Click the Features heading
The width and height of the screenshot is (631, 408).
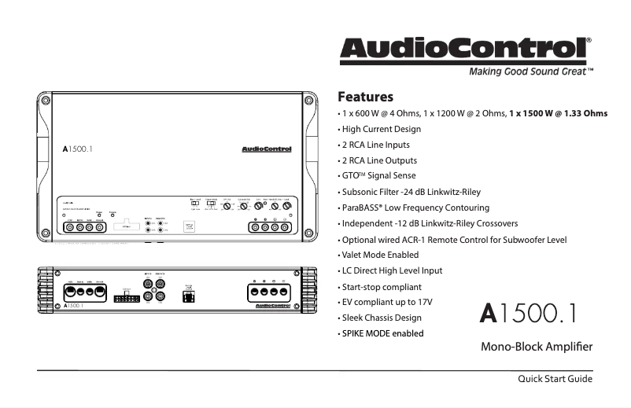(365, 97)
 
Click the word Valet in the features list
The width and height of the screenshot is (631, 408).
(354, 255)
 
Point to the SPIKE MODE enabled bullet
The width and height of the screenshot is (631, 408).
(382, 333)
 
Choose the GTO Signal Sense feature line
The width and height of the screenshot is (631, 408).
(378, 175)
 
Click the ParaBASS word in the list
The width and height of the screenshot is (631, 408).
(361, 208)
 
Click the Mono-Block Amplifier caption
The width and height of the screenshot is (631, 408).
(536, 346)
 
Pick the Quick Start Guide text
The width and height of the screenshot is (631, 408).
(554, 379)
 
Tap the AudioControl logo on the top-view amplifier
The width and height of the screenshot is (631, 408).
(265, 149)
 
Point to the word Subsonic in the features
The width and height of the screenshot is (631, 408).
(360, 192)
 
